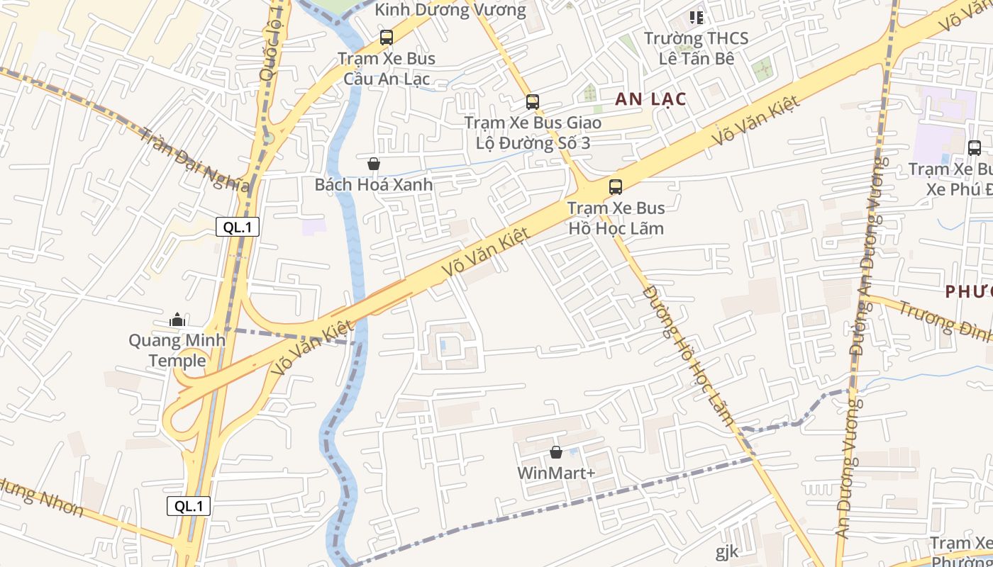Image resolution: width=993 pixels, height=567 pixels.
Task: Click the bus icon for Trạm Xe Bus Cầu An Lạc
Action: click(x=387, y=38)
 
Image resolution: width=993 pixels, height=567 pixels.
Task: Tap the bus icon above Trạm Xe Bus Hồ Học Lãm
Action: click(x=616, y=187)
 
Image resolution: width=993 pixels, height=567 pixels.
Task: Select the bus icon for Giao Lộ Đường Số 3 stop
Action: click(x=533, y=102)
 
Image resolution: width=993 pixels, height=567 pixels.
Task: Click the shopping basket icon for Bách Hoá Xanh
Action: click(x=374, y=164)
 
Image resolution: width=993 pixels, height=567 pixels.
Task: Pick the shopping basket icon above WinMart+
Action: click(x=556, y=452)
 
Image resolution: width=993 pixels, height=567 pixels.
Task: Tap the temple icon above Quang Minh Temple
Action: click(x=177, y=320)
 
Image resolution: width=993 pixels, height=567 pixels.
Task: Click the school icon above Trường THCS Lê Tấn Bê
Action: click(x=696, y=17)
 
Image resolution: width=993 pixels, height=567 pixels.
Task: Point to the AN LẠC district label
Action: click(x=650, y=99)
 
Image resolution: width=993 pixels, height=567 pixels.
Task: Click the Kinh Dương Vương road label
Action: click(x=450, y=10)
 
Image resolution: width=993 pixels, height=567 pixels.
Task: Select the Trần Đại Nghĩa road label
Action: click(x=194, y=160)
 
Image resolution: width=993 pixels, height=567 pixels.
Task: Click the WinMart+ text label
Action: click(x=556, y=473)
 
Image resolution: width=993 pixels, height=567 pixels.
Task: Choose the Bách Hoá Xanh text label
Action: click(x=374, y=185)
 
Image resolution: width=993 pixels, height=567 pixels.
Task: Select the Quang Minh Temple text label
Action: click(x=177, y=350)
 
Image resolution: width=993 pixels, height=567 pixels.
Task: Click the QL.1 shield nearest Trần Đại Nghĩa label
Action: click(x=238, y=228)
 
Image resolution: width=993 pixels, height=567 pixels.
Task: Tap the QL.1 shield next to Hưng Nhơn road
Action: click(x=189, y=506)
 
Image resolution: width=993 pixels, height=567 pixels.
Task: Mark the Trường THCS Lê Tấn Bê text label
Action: click(x=696, y=48)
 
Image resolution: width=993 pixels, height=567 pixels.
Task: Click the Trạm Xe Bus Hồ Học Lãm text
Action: click(x=616, y=218)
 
